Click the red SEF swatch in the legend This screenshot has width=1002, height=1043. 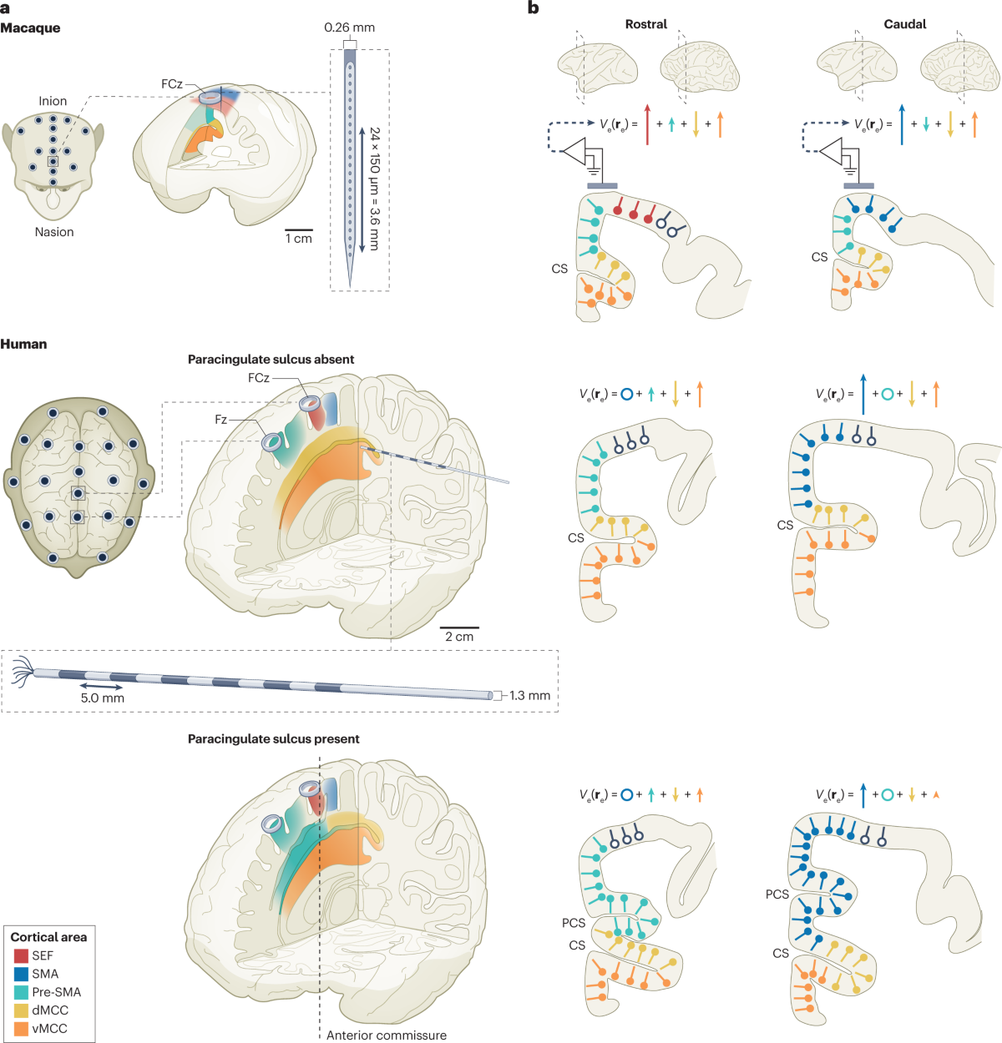[x=21, y=955]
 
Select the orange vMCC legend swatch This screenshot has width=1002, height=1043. [x=21, y=1029]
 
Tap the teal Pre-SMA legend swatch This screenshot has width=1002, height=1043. [x=21, y=992]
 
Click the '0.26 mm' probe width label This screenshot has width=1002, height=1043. [x=349, y=28]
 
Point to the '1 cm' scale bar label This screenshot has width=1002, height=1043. [x=298, y=239]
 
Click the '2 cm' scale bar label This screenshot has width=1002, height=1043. [x=458, y=637]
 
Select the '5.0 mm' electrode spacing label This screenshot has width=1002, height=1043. [x=102, y=698]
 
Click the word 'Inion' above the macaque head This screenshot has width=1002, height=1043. [x=53, y=101]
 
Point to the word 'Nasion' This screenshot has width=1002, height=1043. [x=54, y=232]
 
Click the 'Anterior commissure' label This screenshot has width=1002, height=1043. [x=386, y=1035]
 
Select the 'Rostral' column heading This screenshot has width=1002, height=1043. [x=645, y=24]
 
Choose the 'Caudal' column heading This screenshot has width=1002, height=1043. [x=904, y=24]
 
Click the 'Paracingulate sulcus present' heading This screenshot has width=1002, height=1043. [x=273, y=738]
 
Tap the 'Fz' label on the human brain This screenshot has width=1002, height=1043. [x=220, y=420]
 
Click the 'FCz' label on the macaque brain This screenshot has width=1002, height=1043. [x=172, y=84]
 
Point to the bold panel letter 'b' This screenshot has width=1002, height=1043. [x=533, y=8]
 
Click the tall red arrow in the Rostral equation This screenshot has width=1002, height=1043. [x=647, y=124]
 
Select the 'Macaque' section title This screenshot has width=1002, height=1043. [x=30, y=28]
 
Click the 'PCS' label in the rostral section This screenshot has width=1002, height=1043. [x=574, y=923]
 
